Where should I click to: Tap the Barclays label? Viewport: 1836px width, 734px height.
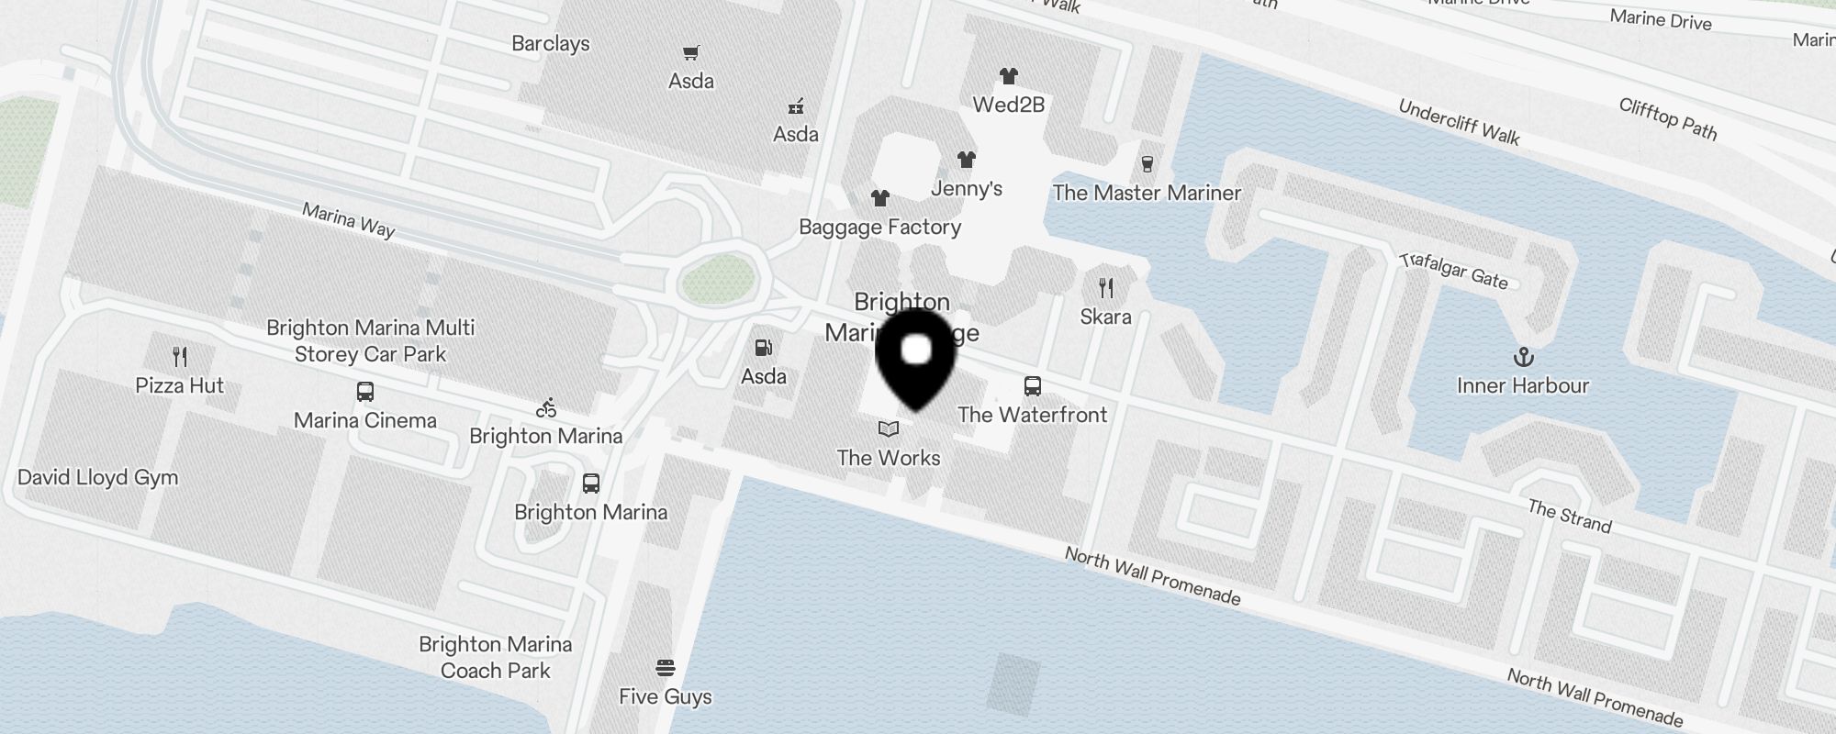(x=551, y=43)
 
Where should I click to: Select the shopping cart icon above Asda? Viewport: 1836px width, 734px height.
(x=690, y=53)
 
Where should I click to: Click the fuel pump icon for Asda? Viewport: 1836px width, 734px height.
(x=763, y=348)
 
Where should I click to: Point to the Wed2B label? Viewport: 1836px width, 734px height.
(x=1009, y=105)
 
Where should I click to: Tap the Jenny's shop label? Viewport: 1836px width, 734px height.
(x=967, y=188)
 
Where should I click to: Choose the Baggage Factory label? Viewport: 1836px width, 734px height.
(x=879, y=227)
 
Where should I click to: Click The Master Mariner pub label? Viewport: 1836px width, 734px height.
(x=1147, y=193)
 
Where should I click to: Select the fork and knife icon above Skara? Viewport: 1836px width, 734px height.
(x=1106, y=288)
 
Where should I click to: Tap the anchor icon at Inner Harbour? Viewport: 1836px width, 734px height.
(x=1523, y=356)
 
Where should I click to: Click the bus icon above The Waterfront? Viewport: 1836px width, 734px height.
(x=1033, y=385)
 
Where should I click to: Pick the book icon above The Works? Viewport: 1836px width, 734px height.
(x=889, y=428)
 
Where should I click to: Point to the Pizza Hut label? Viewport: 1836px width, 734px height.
(x=180, y=385)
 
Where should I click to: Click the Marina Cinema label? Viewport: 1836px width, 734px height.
(x=365, y=420)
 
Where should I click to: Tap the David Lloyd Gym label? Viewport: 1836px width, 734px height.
(x=98, y=477)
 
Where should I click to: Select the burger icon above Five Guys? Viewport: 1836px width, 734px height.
(x=666, y=667)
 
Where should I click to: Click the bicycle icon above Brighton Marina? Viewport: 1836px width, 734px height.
(x=546, y=407)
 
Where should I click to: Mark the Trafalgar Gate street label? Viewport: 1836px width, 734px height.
(x=1454, y=271)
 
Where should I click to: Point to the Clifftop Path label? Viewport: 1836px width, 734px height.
(x=1668, y=118)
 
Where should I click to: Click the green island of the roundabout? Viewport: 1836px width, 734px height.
(x=720, y=279)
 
